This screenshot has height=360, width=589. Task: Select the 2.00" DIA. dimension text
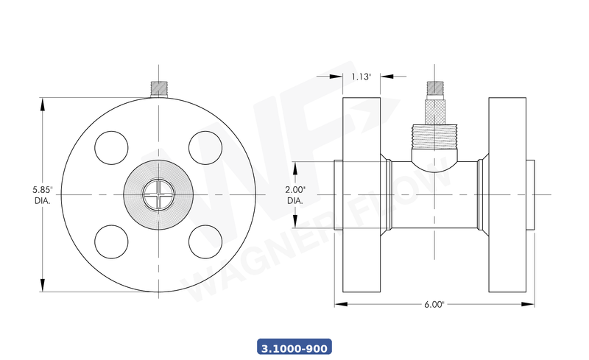point(295,194)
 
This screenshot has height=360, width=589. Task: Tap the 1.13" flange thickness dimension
point(361,76)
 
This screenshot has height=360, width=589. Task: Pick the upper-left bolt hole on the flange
point(111,147)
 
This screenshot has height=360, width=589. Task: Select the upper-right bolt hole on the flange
point(205,147)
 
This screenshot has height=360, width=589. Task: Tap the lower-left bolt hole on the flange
point(111,241)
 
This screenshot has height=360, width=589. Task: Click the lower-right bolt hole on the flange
point(205,241)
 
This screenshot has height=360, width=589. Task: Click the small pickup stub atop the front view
point(158,89)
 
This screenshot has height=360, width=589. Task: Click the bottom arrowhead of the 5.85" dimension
point(42,287)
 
